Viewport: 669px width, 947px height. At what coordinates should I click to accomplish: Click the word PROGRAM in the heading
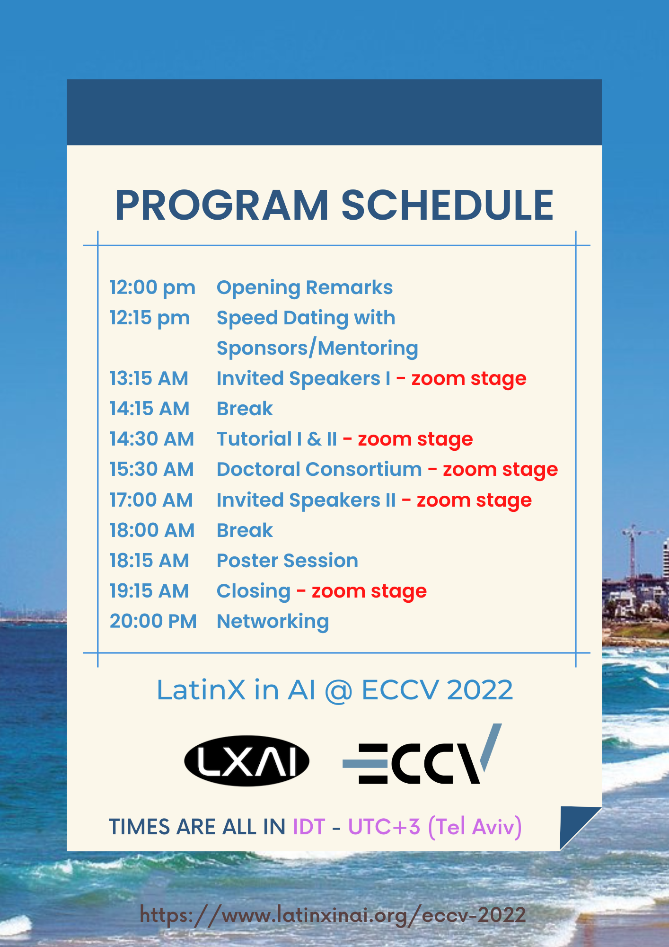coord(221,205)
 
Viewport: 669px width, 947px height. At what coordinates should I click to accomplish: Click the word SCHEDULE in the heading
coord(447,205)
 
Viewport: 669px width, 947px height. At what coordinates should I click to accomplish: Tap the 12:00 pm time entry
coord(152,287)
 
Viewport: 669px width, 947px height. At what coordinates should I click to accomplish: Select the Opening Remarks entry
coord(304,287)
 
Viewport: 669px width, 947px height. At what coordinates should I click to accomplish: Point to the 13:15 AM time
coord(149,378)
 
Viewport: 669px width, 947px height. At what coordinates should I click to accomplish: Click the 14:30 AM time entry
coord(152,439)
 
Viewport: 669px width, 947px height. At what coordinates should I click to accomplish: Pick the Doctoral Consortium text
coord(319,469)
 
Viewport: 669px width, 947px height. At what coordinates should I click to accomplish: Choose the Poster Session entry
coord(287,561)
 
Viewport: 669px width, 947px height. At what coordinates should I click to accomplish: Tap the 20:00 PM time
coord(153,621)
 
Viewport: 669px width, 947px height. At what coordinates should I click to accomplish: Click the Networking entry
coord(273,621)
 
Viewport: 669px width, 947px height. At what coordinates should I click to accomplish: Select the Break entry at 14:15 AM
coord(245,409)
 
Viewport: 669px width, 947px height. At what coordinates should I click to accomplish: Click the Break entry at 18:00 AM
coord(245,530)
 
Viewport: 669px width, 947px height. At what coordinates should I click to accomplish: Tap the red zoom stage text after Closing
coord(369,591)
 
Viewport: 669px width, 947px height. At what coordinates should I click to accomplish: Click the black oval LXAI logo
coord(246,760)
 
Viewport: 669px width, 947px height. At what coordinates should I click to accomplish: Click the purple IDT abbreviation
coord(309,827)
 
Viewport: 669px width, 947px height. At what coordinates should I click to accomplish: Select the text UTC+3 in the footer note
coord(384,827)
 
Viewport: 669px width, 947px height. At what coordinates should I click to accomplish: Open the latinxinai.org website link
coord(333,915)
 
